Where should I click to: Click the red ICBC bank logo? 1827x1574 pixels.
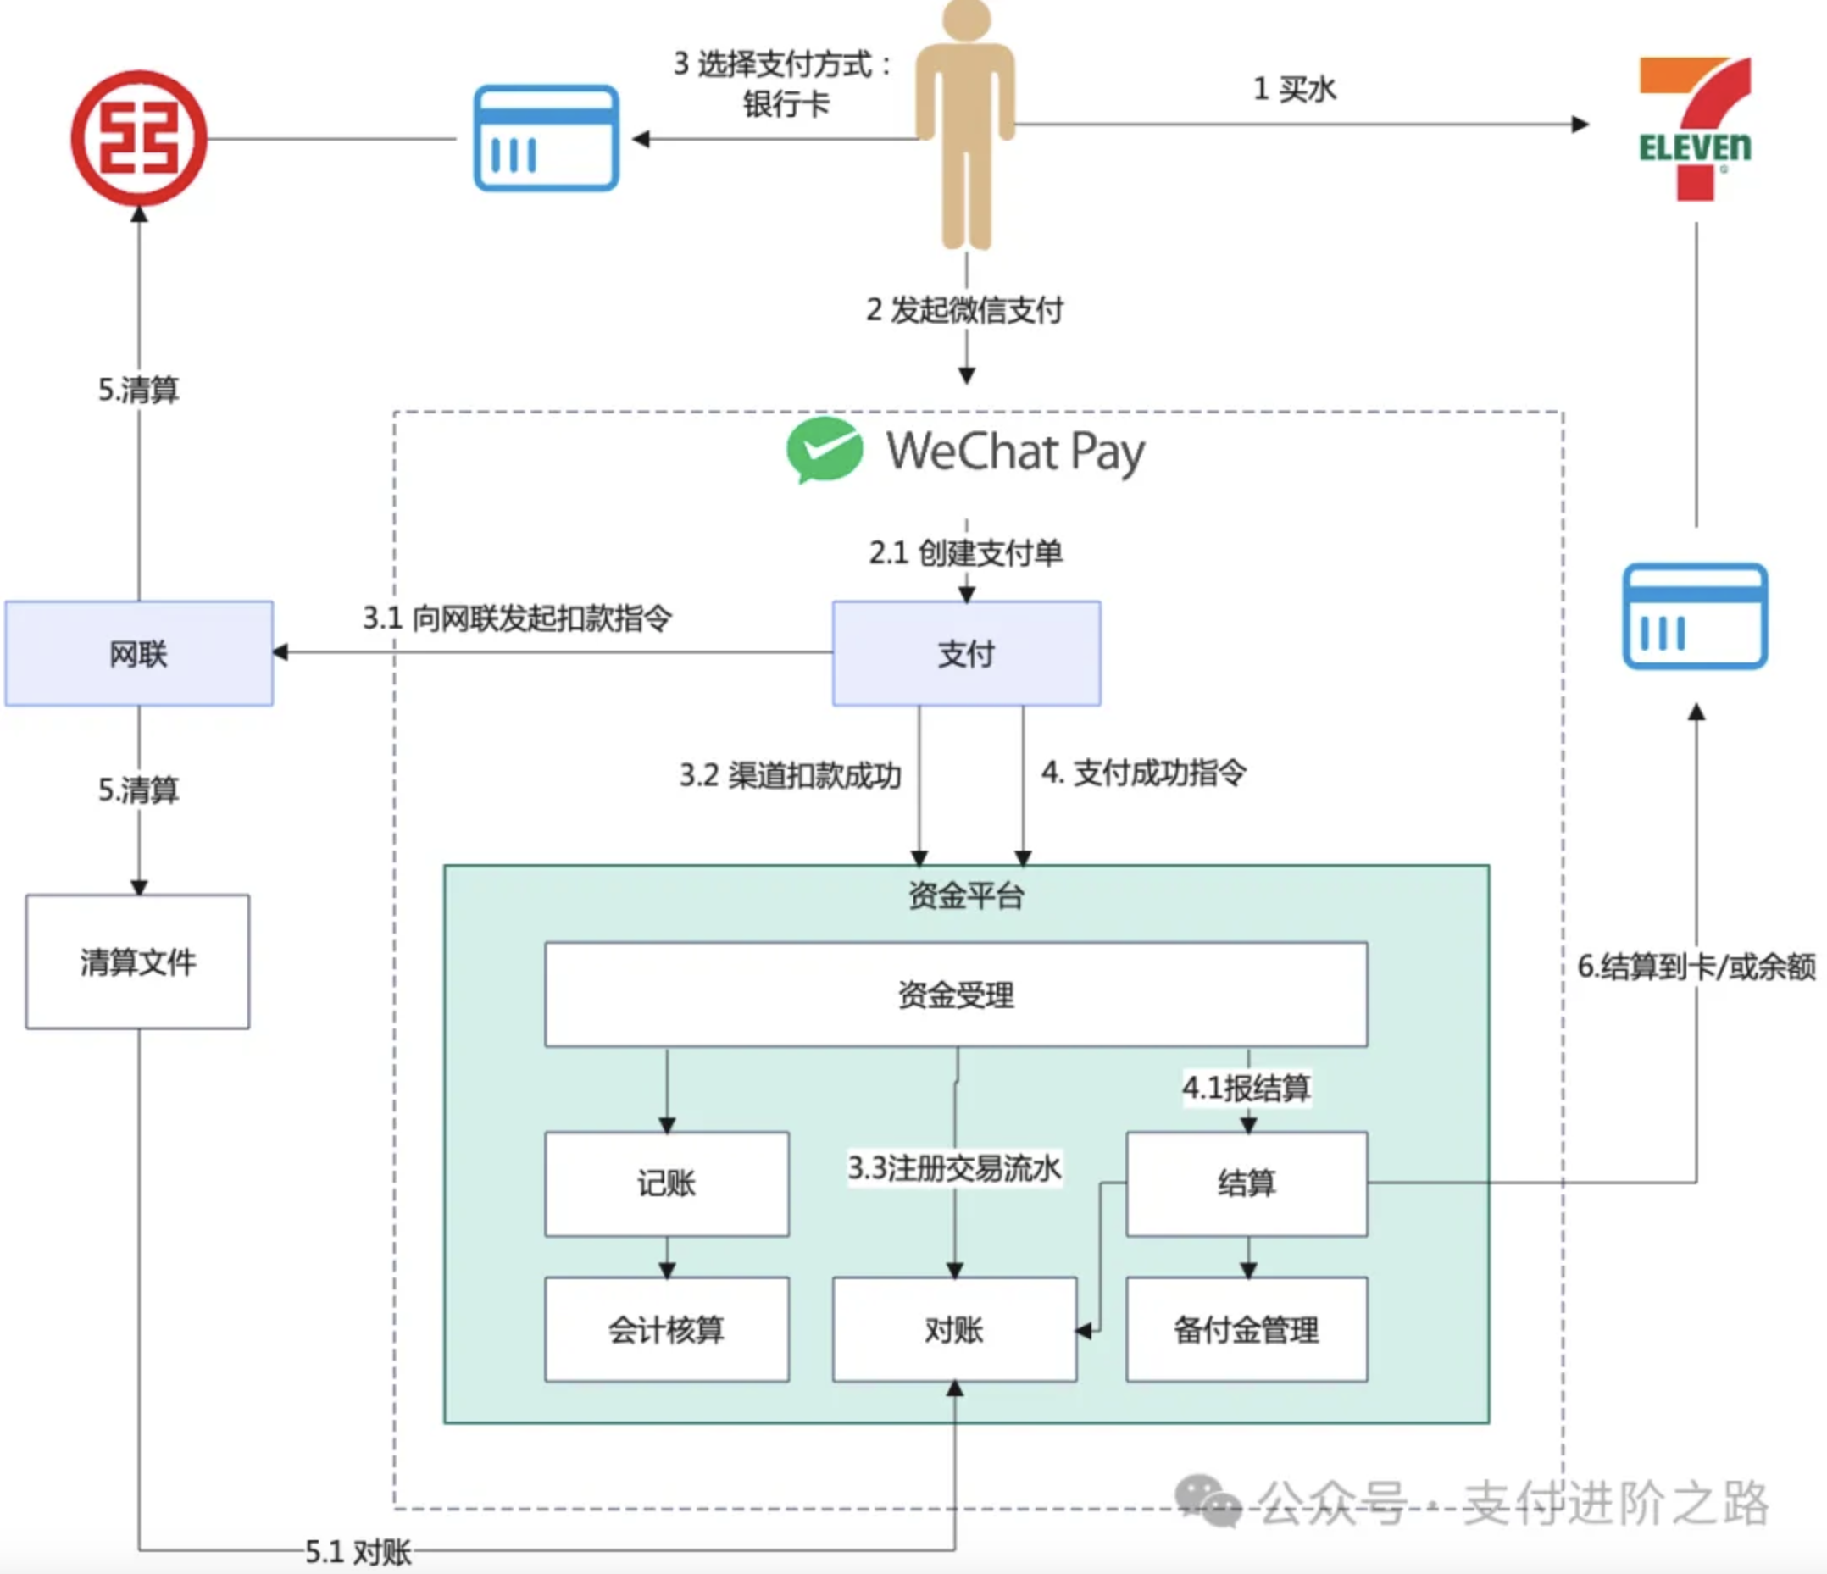139,138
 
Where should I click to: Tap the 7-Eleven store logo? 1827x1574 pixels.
1695,129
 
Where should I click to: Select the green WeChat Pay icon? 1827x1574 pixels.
825,450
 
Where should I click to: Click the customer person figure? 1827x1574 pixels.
966,124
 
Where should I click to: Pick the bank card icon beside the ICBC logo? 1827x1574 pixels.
546,137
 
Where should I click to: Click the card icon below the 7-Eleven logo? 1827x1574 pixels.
1695,616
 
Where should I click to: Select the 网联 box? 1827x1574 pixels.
139,653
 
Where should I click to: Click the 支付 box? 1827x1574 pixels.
966,653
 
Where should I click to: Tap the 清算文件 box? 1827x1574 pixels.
137,962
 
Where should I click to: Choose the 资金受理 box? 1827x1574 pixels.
956,994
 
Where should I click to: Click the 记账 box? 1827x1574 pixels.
667,1183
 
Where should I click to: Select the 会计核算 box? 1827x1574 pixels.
667,1329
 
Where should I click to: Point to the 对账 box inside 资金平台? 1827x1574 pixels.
954,1329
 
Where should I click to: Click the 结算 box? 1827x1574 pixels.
1247,1183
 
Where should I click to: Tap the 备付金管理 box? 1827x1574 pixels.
1247,1329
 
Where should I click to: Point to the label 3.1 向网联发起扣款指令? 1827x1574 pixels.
518,618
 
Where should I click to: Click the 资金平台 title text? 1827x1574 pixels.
966,895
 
